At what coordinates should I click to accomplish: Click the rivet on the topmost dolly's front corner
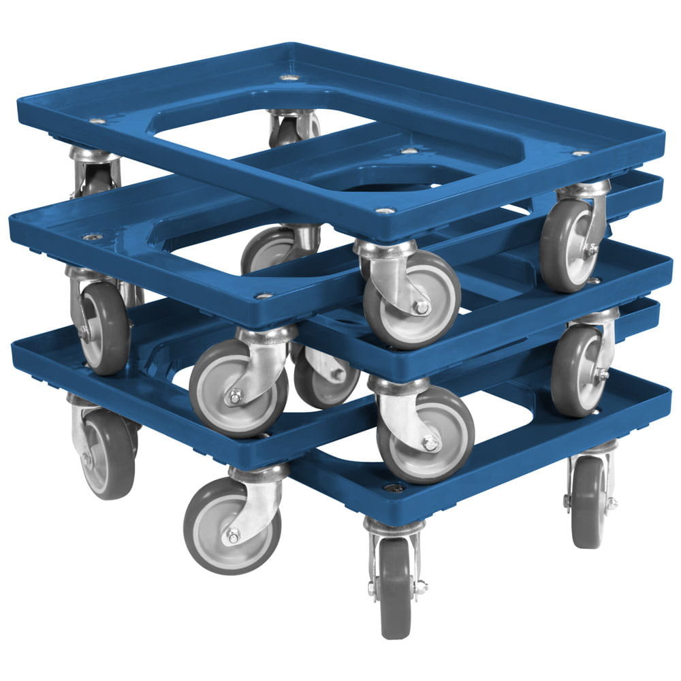[385, 211]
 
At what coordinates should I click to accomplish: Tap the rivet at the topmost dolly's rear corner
[289, 78]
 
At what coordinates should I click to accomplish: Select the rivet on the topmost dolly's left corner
[97, 121]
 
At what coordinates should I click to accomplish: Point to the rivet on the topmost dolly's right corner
[580, 153]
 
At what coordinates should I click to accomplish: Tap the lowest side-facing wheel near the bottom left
[232, 524]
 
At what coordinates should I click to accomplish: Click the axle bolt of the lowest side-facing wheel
[233, 536]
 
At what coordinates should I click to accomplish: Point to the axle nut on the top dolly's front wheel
[422, 307]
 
